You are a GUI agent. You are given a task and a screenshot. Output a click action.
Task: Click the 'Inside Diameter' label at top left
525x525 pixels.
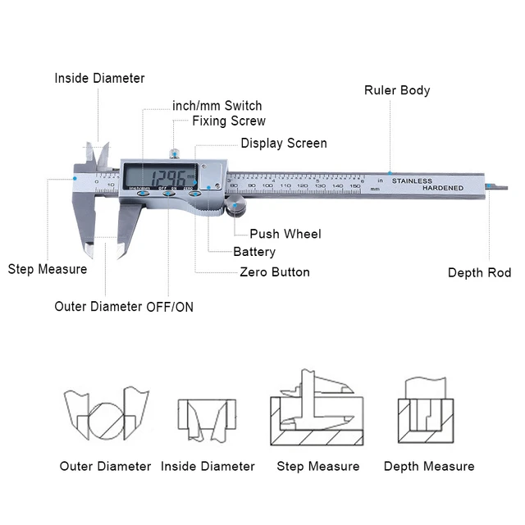99,79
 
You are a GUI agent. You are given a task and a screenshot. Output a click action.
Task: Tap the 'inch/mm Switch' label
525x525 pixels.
217,106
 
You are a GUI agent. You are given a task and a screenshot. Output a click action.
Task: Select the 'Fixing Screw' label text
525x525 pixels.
229,121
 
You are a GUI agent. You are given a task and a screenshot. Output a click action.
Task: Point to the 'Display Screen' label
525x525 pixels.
283,144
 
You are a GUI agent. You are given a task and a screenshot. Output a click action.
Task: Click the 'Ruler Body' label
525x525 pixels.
397,90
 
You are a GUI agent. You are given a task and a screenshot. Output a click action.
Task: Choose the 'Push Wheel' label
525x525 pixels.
285,235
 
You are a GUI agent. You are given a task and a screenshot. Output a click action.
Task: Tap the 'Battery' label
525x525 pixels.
254,253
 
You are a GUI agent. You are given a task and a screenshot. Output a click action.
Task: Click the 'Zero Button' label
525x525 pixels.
274,272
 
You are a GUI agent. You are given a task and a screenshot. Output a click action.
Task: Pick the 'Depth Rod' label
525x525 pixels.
479,273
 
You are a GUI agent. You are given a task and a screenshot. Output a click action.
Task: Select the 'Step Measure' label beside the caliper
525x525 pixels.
48,269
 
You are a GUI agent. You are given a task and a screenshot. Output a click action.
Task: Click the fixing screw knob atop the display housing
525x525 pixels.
174,153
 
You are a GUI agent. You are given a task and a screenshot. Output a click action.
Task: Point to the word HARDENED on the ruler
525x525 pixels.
443,189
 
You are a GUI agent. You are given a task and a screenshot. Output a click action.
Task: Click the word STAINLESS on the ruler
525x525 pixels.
412,180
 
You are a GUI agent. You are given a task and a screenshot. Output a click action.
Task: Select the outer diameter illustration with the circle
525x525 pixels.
107,416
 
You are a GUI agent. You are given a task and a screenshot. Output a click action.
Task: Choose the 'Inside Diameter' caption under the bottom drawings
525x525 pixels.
208,467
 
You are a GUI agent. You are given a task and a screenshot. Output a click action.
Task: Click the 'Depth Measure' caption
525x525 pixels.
429,467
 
